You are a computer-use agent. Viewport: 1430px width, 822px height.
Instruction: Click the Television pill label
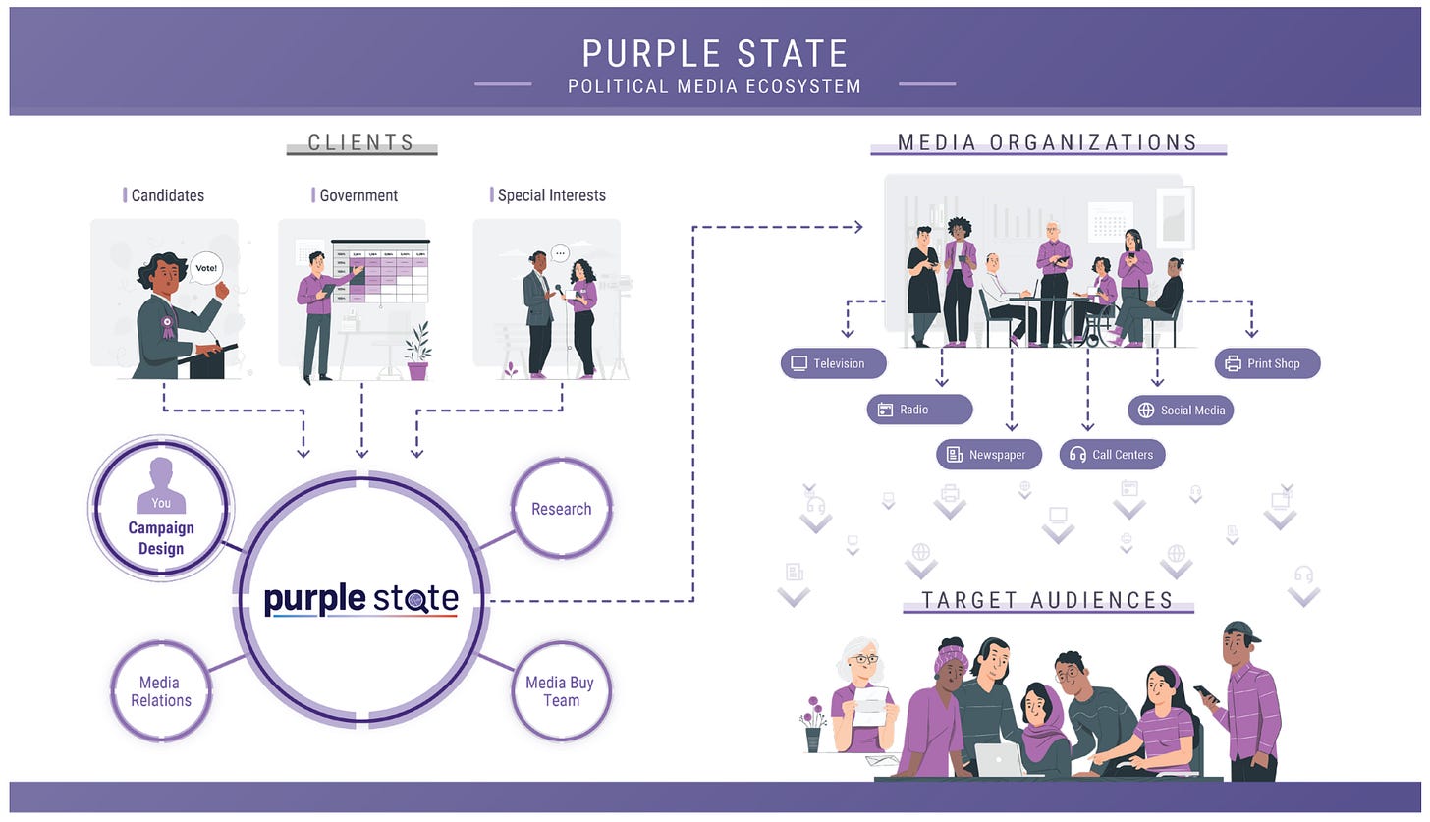(x=833, y=363)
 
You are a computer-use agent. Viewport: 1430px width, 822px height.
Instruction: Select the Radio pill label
(x=919, y=410)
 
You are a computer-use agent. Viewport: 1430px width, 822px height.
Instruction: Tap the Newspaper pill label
(x=989, y=455)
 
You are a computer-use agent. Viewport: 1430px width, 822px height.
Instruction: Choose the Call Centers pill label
(x=1113, y=455)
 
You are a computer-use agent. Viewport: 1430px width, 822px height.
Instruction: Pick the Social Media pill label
(x=1181, y=410)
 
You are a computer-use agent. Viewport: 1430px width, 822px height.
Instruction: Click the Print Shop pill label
(x=1267, y=363)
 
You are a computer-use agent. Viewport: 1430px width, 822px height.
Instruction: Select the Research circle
(x=562, y=509)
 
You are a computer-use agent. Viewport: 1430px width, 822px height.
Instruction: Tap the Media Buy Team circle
(x=561, y=691)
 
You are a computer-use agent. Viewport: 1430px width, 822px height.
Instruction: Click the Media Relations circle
(x=159, y=691)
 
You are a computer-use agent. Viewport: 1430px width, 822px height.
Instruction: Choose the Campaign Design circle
(x=161, y=509)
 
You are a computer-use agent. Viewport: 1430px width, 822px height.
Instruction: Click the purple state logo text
(x=360, y=598)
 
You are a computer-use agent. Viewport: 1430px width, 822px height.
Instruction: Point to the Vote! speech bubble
(x=206, y=267)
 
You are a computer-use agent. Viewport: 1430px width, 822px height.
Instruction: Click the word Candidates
(x=168, y=195)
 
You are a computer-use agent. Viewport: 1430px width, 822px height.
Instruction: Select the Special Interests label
(x=551, y=195)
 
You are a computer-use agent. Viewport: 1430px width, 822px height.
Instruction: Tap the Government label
(x=358, y=195)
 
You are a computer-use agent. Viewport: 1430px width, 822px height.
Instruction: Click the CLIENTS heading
(x=361, y=142)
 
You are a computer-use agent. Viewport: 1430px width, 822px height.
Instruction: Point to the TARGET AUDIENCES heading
(x=1048, y=600)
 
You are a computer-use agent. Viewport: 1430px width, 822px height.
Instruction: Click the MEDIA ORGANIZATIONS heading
(x=1048, y=142)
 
